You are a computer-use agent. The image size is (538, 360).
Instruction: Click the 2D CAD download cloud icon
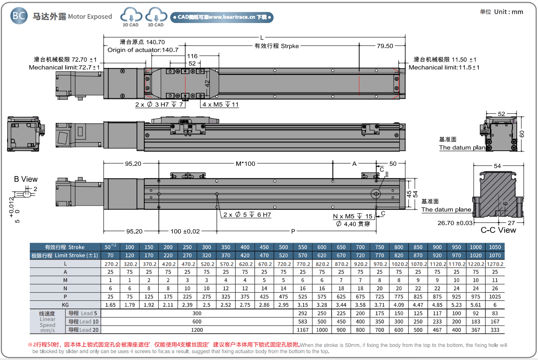pos(130,16)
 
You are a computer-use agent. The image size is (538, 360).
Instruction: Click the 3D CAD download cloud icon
pos(156,16)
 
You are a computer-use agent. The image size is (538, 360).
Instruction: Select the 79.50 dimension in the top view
pos(384,46)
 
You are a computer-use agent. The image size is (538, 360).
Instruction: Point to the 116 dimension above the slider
pos(192,56)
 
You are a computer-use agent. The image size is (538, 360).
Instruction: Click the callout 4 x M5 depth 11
pos(220,105)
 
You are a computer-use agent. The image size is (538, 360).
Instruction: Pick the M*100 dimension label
pos(246,163)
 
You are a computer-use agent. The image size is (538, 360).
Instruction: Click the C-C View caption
pos(498,230)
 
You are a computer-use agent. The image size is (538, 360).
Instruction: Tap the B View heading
pos(26,179)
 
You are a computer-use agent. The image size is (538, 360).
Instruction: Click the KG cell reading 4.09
pos(399,305)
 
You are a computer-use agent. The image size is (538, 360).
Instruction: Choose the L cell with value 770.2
pos(303,264)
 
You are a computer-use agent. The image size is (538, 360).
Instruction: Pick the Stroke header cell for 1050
pos(495,247)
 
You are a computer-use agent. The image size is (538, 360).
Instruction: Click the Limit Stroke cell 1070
pos(495,256)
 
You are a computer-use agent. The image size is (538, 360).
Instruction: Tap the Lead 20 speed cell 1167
pos(303,329)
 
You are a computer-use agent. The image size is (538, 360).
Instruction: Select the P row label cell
pos(65,297)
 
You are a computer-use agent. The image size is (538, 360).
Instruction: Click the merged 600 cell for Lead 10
pos(197,321)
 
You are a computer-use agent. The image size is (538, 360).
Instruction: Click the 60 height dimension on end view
pos(522,133)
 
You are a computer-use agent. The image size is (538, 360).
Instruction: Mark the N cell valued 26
pos(495,289)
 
